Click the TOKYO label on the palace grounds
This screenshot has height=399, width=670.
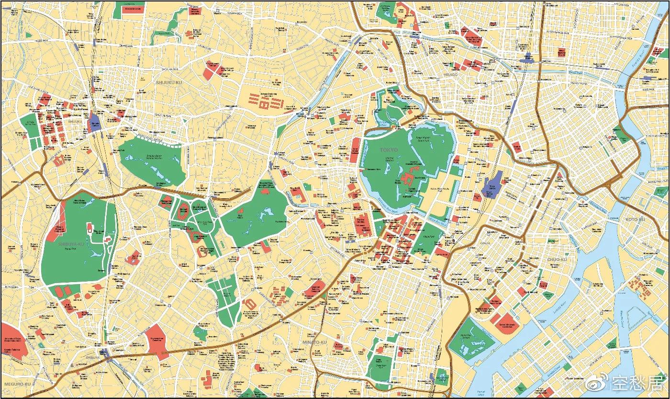pyautogui.click(x=389, y=150)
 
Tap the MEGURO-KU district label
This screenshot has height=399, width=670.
pyautogui.click(x=16, y=384)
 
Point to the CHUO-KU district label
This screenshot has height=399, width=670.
pyautogui.click(x=557, y=259)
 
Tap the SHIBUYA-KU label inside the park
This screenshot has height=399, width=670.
pyautogui.click(x=71, y=243)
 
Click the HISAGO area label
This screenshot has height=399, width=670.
pyautogui.click(x=450, y=74)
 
